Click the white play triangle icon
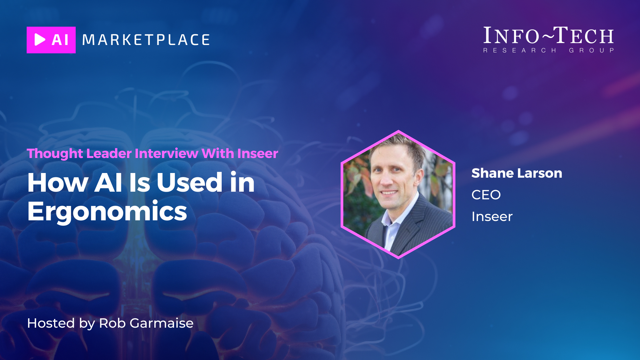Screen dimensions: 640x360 click(40, 40)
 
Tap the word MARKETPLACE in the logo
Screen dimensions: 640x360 click(146, 40)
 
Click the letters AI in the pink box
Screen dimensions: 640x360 click(60, 40)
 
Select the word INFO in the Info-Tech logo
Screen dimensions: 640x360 click(511, 35)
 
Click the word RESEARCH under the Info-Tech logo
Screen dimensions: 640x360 click(520, 50)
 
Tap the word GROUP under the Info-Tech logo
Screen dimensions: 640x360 click(591, 50)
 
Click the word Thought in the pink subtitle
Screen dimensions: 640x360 click(55, 154)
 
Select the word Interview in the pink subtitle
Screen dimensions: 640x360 click(166, 153)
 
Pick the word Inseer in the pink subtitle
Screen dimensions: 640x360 click(258, 153)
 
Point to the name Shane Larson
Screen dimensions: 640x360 click(517, 173)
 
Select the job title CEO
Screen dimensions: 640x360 click(486, 195)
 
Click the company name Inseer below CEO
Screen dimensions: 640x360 click(492, 217)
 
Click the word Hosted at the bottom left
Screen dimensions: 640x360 click(51, 323)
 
